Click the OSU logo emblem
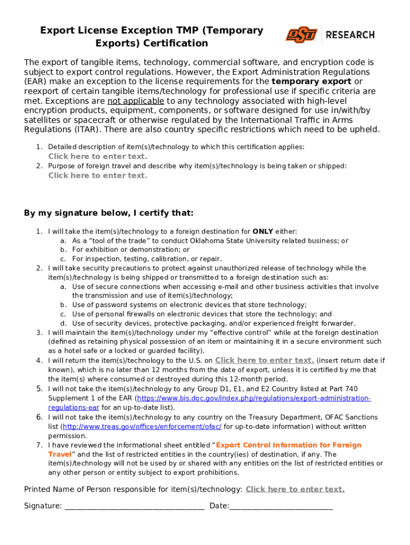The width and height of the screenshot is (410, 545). [x=301, y=35]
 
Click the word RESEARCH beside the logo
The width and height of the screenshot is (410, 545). [x=350, y=35]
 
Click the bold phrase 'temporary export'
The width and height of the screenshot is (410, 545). [x=311, y=81]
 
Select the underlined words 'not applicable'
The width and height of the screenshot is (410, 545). [x=136, y=101]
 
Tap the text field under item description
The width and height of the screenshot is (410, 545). [x=97, y=156]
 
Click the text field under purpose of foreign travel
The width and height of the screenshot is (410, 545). [x=97, y=176]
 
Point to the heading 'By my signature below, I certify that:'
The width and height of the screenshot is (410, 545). [x=109, y=213]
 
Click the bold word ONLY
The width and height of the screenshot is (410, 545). [x=263, y=232]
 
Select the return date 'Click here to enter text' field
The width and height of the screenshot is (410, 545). [x=264, y=360]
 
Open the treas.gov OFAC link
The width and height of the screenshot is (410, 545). [x=142, y=427]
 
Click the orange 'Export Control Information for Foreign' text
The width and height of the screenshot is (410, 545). [x=289, y=445]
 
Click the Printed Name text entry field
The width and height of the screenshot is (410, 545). [x=295, y=489]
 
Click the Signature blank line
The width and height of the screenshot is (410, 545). [x=134, y=506]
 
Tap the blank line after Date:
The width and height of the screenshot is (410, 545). [x=281, y=506]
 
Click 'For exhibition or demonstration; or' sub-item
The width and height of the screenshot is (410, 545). [x=130, y=250]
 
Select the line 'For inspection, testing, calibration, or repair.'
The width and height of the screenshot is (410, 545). [x=147, y=259]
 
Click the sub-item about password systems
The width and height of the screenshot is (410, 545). [x=189, y=305]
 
